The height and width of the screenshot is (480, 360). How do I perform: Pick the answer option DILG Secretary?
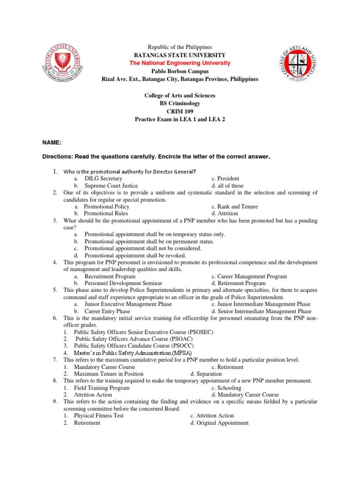[103, 179]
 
